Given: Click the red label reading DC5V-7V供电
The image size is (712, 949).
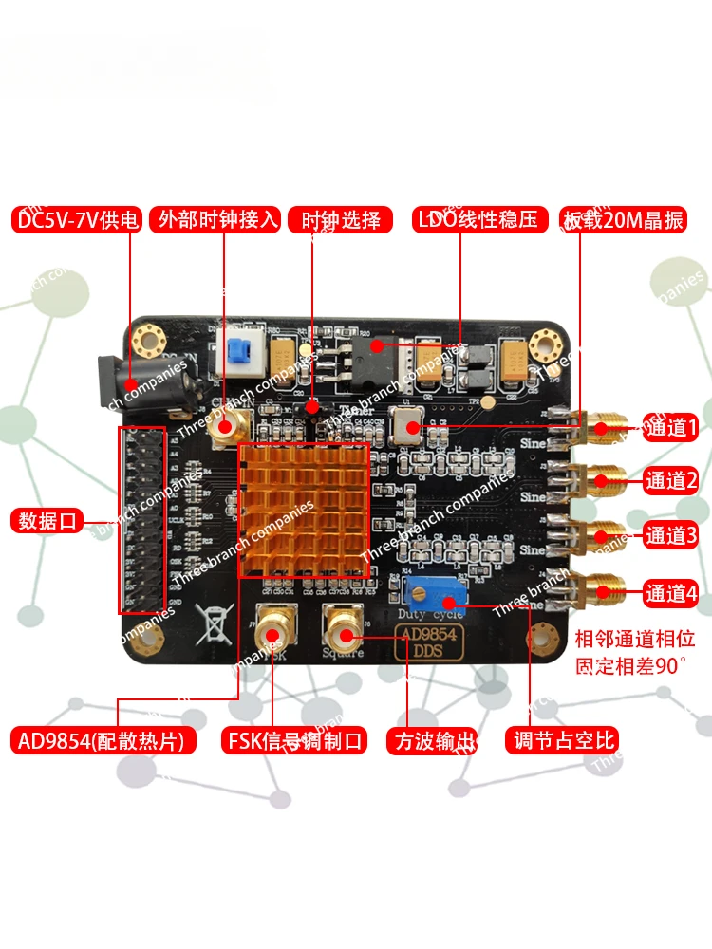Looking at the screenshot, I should coord(77,220).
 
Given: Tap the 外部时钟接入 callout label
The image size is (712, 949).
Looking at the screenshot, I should coord(218,220).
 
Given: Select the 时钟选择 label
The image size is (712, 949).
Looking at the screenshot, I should coord(340,220).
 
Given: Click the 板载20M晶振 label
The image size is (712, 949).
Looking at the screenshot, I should coord(622,220).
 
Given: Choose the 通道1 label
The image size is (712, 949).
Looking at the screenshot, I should coord(671,427).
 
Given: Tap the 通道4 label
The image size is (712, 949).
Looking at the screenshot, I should coord(671,594).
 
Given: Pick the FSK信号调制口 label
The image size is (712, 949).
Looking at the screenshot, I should coord(293,740).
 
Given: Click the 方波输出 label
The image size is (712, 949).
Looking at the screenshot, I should coord(432,740).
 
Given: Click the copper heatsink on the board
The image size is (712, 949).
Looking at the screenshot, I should coord(303,509).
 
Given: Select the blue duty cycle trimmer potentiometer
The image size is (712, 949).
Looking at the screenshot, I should coord(430,593).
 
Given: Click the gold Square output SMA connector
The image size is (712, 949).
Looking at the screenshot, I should coord(343,626).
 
